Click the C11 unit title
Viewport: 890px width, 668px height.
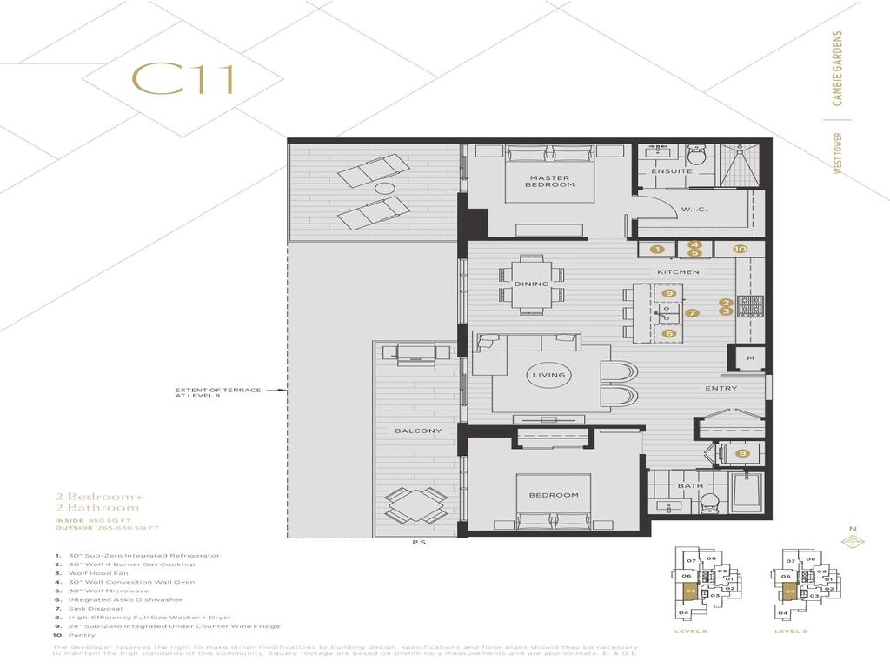183,79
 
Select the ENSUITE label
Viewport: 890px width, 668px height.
671,171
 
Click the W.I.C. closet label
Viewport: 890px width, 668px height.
693,209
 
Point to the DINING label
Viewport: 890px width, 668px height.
531,284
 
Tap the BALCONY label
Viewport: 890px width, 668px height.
417,431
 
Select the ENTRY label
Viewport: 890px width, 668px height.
721,388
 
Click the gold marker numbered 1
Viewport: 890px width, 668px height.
658,250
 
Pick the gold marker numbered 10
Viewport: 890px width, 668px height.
740,250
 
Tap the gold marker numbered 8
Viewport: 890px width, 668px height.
742,453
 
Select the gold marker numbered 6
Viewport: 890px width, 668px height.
668,333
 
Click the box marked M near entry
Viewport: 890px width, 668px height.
750,357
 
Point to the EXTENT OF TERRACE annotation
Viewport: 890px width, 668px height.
218,393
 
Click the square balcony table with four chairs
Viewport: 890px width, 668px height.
417,505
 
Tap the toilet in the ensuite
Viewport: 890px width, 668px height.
695,157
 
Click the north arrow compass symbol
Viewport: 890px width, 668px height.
853,541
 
